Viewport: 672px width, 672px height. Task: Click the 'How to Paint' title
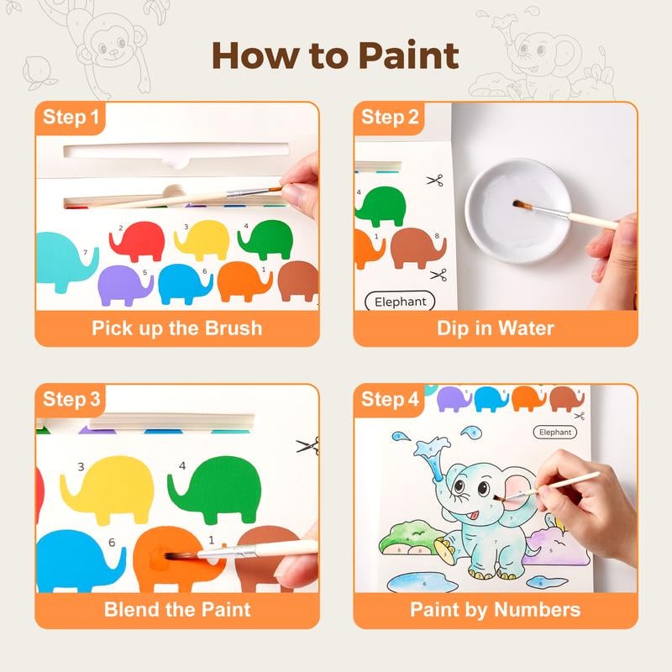336,55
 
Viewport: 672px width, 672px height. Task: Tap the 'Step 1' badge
71,118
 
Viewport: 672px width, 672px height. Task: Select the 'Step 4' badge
390,400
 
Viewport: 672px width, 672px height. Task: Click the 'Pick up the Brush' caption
176,328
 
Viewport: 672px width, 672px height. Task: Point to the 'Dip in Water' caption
496,328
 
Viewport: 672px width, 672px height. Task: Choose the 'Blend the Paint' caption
176,609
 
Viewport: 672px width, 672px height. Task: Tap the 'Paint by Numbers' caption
496,609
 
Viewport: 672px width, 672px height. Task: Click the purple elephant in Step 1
125,283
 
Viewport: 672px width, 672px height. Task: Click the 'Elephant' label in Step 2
401,302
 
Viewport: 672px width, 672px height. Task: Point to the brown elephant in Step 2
417,247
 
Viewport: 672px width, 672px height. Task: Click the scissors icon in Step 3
307,445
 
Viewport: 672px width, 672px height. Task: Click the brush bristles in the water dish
519,204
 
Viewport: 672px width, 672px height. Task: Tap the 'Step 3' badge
71,400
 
